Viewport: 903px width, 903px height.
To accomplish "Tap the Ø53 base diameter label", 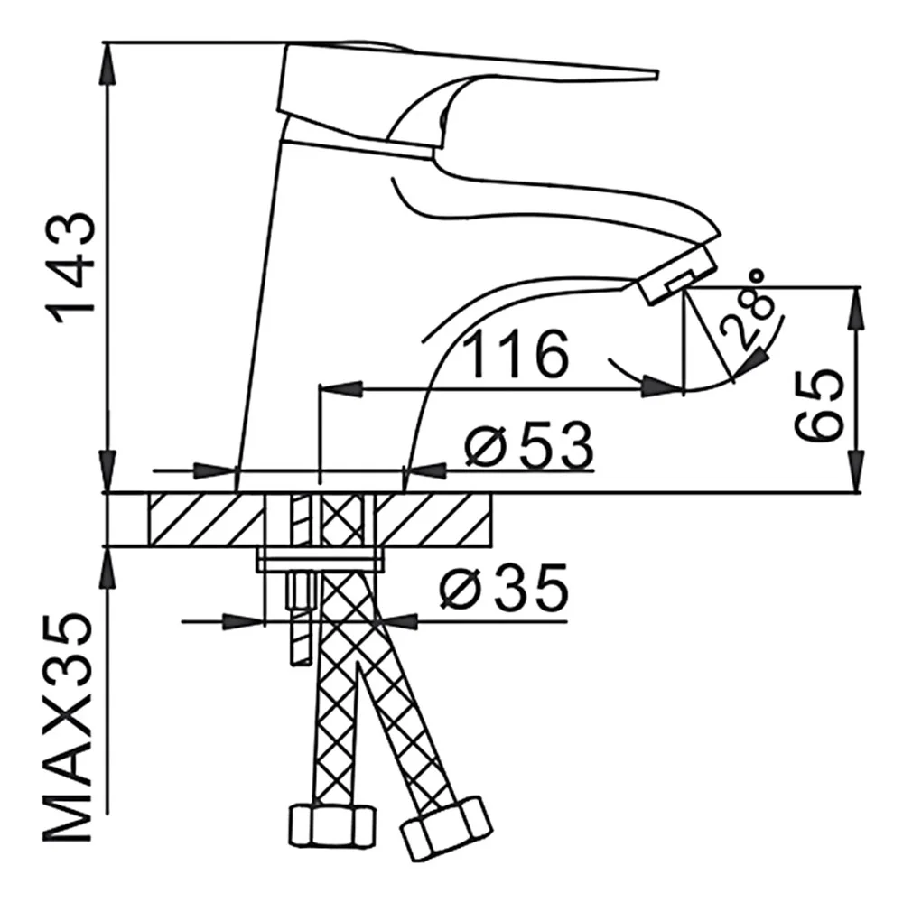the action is pos(529,446).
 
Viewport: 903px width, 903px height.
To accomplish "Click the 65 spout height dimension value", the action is pos(818,406).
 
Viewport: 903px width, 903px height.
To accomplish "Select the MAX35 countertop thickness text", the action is pos(68,728).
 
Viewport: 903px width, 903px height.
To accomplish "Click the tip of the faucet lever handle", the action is pos(657,74).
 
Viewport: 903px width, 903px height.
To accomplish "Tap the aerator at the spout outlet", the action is pos(678,274).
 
